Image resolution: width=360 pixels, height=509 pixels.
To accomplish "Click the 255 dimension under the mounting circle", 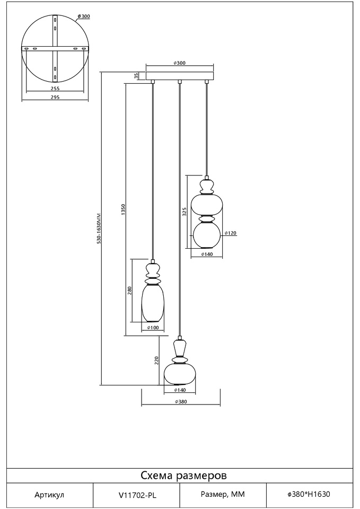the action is pos(55,88).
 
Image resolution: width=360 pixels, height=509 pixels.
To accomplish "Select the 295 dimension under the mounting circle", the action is pos(55,97).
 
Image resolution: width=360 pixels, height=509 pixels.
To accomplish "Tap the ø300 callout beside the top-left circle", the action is pos(84,16).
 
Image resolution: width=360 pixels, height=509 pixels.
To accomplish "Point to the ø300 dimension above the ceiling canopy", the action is pos(180,63).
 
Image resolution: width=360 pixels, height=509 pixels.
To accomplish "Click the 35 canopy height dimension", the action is pos(137,76).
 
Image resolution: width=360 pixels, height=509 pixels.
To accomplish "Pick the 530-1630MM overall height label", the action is pos(99,229).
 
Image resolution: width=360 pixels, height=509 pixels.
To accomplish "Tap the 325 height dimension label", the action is pos(185,212).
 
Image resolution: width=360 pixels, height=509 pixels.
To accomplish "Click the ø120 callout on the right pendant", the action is pos(231,233).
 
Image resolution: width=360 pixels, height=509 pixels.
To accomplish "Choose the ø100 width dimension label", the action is pos(153,328).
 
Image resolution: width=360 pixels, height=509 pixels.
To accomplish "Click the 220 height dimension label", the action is pos(156,360).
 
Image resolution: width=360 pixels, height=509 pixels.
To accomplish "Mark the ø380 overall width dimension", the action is pos(181,401).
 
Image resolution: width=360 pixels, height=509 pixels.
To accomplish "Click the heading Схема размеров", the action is pos(183,475).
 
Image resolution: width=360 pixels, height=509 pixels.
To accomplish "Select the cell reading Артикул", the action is pos(49,495).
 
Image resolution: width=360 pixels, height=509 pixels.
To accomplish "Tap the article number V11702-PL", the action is pos(137,495).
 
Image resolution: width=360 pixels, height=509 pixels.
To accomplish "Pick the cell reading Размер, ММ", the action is pos(223,495).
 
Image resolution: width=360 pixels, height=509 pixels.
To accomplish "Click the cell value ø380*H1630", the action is pos(309,494).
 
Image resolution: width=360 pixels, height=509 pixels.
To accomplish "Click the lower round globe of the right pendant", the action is pos(207,235).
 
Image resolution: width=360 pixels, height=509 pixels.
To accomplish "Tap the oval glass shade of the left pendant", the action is pos(153,302).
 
